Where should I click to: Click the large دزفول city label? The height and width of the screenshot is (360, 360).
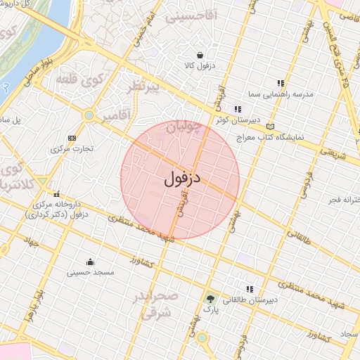point(183,179)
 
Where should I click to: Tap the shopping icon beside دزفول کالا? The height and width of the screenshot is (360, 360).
point(200,56)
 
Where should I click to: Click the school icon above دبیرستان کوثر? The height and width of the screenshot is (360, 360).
point(238,109)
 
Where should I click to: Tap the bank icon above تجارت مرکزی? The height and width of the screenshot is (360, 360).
point(72,138)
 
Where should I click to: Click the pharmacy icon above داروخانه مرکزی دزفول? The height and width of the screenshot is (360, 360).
point(56,194)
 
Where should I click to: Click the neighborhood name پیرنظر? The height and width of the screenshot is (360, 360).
point(144,89)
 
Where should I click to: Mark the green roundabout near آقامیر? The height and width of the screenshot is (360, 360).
point(89,115)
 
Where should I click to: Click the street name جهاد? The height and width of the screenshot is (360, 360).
point(30,243)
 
